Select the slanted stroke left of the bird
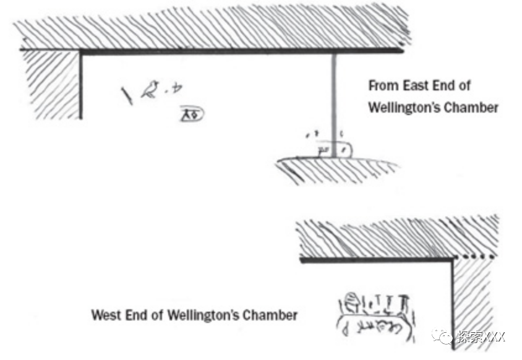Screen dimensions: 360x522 click(127, 96)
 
